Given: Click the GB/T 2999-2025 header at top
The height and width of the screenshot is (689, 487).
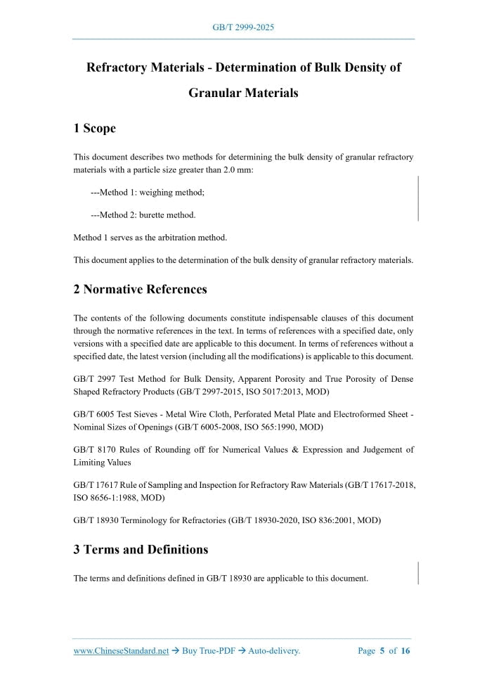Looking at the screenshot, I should click(243, 27).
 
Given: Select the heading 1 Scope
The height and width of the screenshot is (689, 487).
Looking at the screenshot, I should click(94, 128).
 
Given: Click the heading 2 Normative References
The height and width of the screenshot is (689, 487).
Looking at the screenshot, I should click(140, 290).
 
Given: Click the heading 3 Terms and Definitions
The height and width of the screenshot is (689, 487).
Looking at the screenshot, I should click(141, 550).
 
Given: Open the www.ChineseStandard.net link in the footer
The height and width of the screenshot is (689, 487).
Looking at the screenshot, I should click(121, 651).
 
